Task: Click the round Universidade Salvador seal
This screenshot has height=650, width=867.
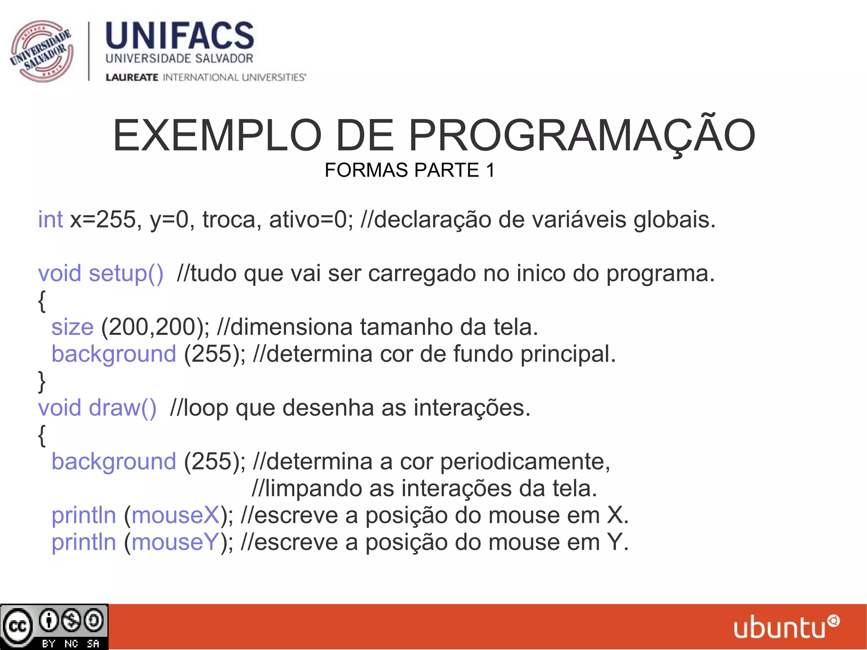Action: (41, 51)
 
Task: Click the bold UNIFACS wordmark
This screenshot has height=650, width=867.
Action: (179, 36)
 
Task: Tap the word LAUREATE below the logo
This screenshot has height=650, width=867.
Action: (132, 77)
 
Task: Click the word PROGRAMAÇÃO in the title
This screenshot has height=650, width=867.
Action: (582, 136)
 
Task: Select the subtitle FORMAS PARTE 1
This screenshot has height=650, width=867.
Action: (409, 170)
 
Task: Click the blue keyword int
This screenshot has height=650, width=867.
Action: (50, 220)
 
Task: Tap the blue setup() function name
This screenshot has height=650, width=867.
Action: (126, 274)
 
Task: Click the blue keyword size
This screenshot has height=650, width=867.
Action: (72, 327)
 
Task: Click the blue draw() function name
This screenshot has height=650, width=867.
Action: (122, 408)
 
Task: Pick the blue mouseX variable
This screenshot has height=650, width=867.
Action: (175, 515)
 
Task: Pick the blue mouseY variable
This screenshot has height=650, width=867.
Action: (175, 542)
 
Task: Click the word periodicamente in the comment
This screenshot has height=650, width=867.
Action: (525, 462)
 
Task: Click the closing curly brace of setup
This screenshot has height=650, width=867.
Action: (41, 381)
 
